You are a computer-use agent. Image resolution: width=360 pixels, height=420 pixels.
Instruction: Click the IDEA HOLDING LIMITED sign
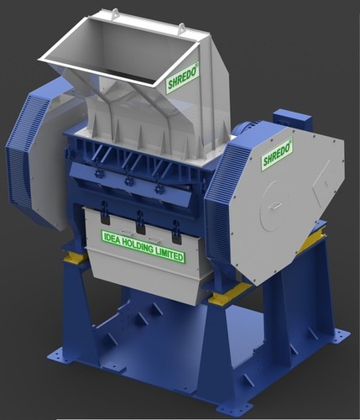point(143,248)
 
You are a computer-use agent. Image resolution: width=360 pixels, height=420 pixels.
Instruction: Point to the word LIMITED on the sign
point(166,255)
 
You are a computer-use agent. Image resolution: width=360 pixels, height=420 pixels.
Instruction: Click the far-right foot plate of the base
point(336,336)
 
